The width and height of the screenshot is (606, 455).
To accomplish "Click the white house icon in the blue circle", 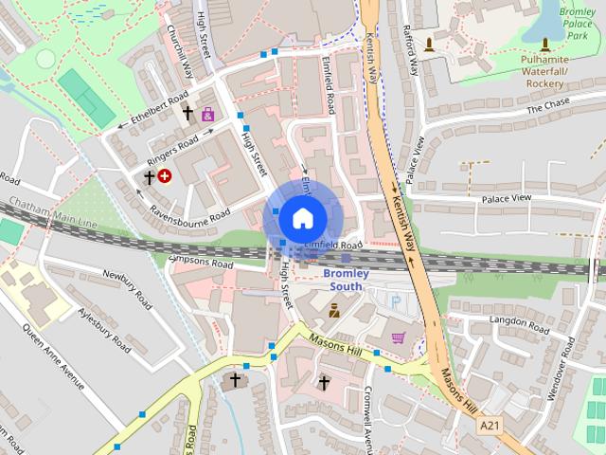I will coord(302,218).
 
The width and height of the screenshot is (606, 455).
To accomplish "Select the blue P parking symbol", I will coord(396,300).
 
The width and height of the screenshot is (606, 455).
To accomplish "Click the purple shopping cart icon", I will coord(399,337).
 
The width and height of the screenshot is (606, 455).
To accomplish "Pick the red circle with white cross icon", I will coord(166,175).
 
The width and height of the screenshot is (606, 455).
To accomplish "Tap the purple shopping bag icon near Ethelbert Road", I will coord(207,114).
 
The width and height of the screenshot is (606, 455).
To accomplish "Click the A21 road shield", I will coord(490,427).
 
